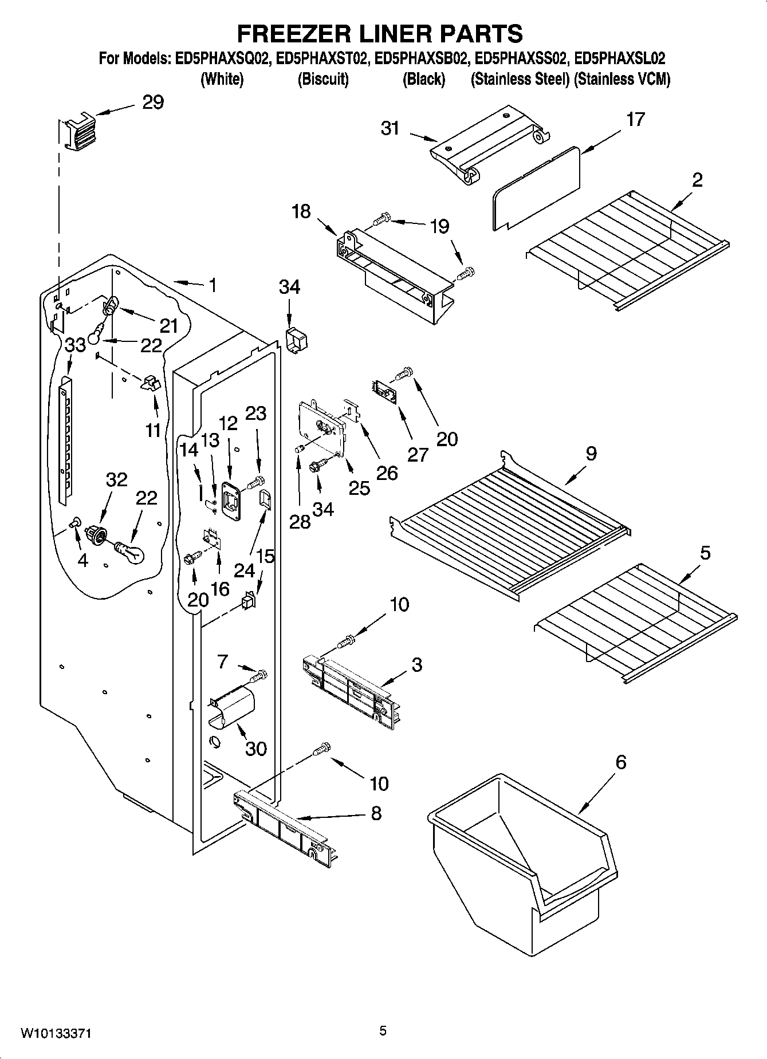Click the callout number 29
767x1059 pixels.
[x=152, y=103]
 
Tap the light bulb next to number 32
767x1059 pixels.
[x=131, y=552]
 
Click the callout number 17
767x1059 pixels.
[x=635, y=120]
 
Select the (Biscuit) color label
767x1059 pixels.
[x=323, y=79]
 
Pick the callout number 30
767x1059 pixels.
[x=255, y=748]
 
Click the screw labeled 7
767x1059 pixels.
[x=258, y=676]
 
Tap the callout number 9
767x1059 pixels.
[x=591, y=454]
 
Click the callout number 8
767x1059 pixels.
[x=376, y=813]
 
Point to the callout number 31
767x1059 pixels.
[x=390, y=128]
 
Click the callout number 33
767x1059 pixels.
[x=75, y=345]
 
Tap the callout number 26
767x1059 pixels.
[x=387, y=473]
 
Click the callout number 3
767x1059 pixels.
[x=416, y=665]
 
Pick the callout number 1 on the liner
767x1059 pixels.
[x=213, y=285]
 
